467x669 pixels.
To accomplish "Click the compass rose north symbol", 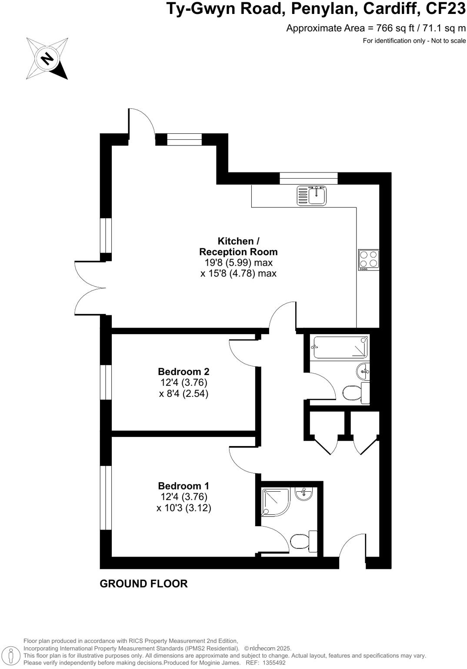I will pos(47,58).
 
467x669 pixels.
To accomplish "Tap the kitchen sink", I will pos(312,195).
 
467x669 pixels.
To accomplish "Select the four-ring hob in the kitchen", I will pos(368,260).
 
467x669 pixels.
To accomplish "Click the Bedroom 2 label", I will pos(183,372).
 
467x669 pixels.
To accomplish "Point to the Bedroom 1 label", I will pos(183,486).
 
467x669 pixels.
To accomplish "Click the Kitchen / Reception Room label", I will pos(238,247).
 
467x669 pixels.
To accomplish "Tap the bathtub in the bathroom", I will pos(340,347).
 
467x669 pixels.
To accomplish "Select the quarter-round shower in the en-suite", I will pos(275,501).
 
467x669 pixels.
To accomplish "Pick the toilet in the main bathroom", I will pos(355,393).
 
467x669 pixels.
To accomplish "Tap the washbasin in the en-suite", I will pos(304,493).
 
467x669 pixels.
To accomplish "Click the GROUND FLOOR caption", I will pos(143,584).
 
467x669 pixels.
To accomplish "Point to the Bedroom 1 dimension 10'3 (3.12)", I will pos(184,508).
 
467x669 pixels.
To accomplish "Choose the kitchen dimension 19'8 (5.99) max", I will pos(238,263).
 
